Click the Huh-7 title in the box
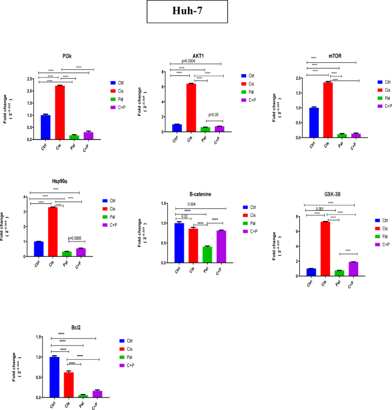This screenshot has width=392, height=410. pyautogui.click(x=195, y=12)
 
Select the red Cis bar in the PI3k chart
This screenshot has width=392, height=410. pyautogui.click(x=60, y=112)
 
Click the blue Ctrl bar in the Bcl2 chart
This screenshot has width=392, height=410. pyautogui.click(x=54, y=377)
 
